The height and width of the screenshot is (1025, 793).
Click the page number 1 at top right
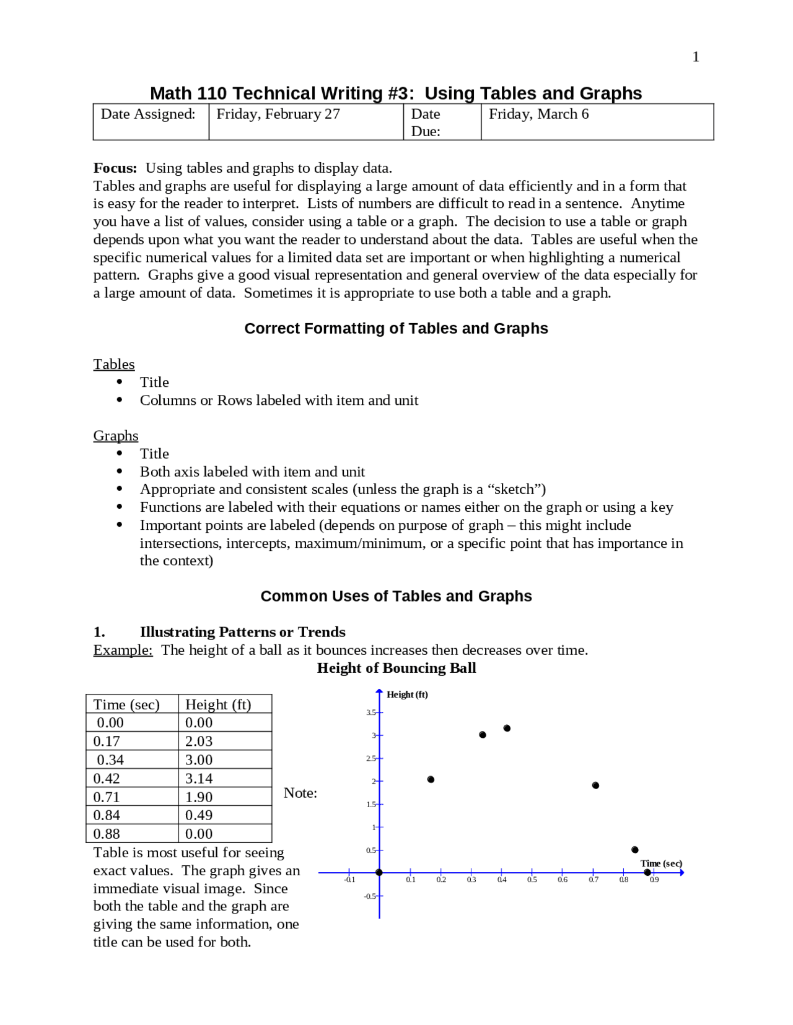coord(695,57)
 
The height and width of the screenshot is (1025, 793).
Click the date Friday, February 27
coord(278,114)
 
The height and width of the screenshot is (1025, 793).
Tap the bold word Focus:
coord(115,168)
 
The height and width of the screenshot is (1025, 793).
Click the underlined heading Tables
coord(114,364)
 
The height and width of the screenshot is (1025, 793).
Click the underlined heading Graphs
coord(116,436)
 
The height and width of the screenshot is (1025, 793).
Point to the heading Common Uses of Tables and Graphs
coord(396,596)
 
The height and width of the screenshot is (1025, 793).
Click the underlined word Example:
coord(123,650)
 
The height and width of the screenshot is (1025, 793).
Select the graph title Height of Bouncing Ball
coord(396,668)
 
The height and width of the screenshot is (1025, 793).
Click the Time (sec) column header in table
coord(126,704)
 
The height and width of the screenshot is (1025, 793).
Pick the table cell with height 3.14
coord(199,779)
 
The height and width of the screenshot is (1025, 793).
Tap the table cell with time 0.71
coord(107,797)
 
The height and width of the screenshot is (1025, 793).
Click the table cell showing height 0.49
coord(199,816)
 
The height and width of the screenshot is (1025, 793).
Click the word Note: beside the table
coord(300,793)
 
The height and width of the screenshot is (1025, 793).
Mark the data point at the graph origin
coord(379,873)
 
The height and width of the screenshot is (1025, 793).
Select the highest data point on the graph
coord(507,728)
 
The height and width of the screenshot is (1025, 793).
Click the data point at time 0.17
coord(431,779)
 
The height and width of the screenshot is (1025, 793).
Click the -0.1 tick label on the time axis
coord(350,880)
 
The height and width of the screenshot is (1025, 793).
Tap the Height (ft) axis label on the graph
coord(407,694)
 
